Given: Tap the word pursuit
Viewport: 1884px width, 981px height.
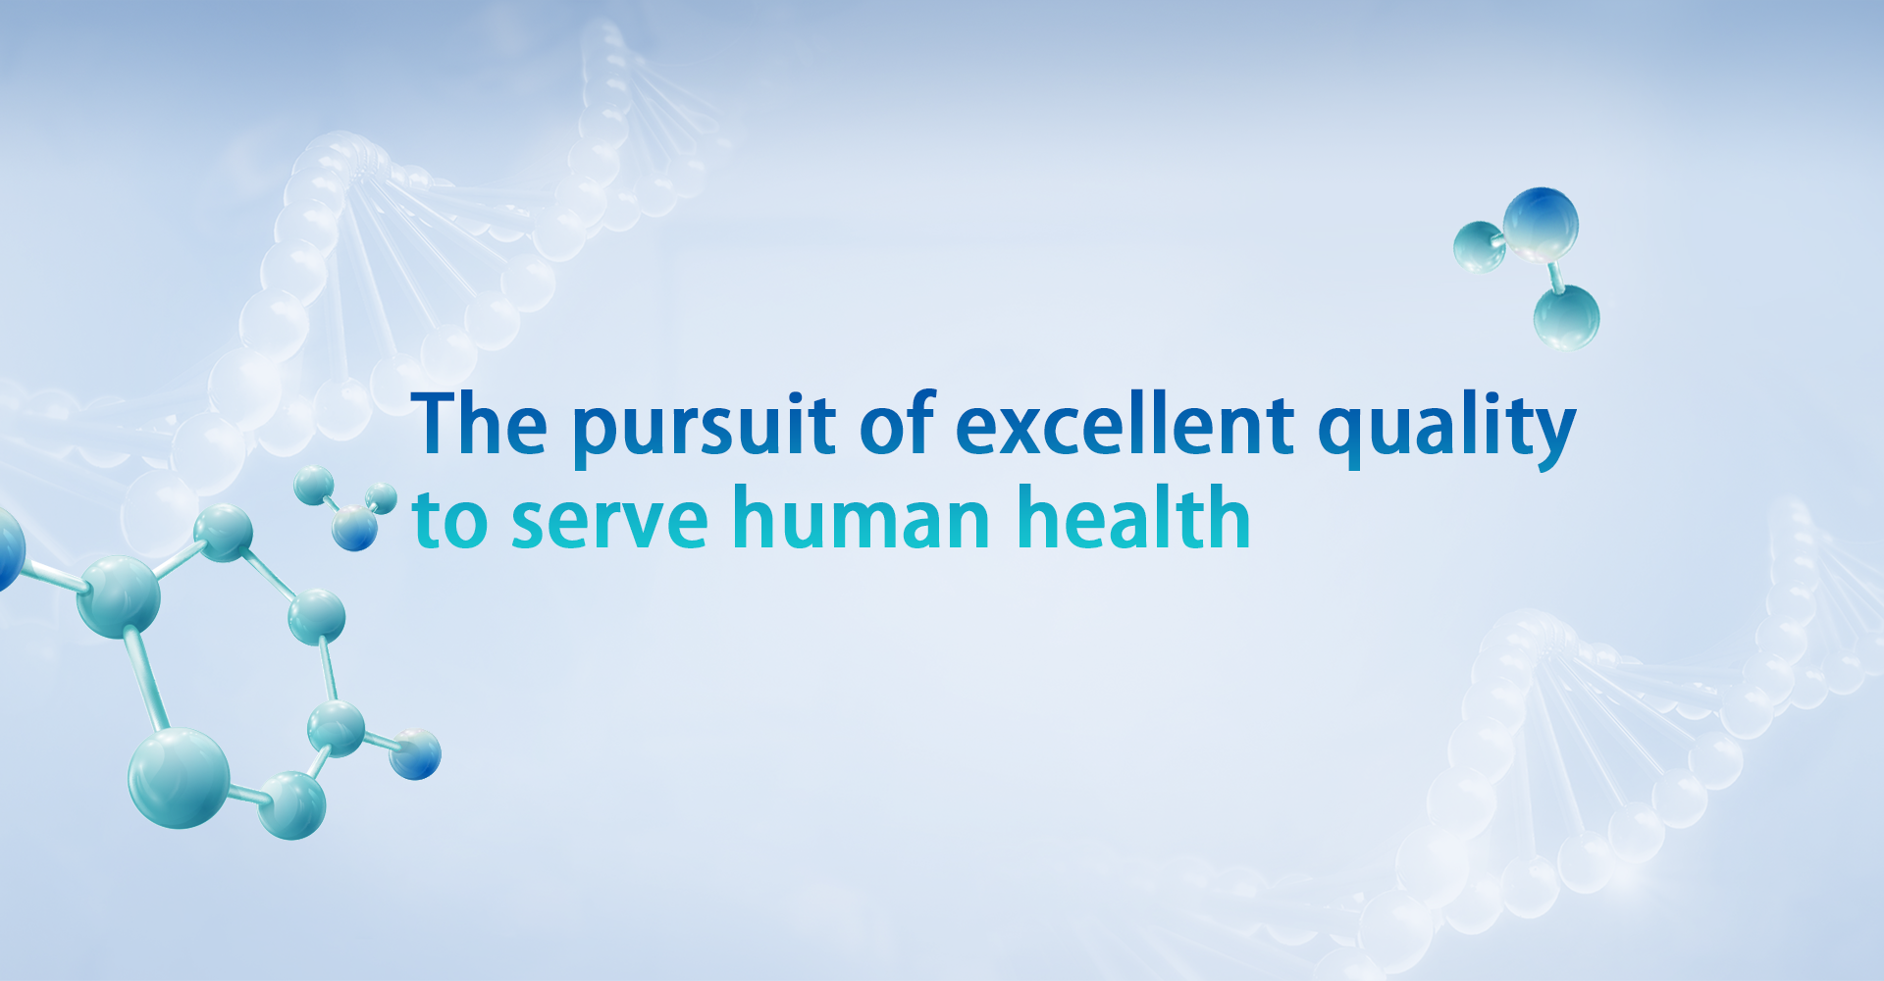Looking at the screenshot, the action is pyautogui.click(x=704, y=429).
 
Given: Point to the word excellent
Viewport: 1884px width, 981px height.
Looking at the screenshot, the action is pyautogui.click(x=1125, y=423).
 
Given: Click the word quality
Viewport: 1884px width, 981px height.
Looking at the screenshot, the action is pyautogui.click(x=1446, y=429).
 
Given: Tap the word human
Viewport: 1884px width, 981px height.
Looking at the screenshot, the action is pyautogui.click(x=861, y=516).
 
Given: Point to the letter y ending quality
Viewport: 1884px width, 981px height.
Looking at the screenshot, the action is pyautogui.click(x=1549, y=438).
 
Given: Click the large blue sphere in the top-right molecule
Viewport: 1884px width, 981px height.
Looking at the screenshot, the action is pyautogui.click(x=1541, y=225).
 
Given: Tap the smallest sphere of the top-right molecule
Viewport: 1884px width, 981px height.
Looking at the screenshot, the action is pyautogui.click(x=1479, y=247).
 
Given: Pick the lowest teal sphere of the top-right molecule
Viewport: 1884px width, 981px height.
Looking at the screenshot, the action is pyautogui.click(x=1567, y=317).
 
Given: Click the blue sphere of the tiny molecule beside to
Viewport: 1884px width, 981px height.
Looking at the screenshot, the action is pyautogui.click(x=354, y=528).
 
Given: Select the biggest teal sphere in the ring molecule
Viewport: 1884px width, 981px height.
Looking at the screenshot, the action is pyautogui.click(x=180, y=778).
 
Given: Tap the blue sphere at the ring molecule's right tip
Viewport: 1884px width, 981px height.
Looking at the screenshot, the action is pyautogui.click(x=415, y=754).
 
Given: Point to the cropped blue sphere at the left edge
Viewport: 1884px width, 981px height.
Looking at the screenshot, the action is pyautogui.click(x=8, y=549).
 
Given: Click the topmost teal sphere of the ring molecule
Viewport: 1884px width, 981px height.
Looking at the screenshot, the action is pyautogui.click(x=224, y=533).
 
